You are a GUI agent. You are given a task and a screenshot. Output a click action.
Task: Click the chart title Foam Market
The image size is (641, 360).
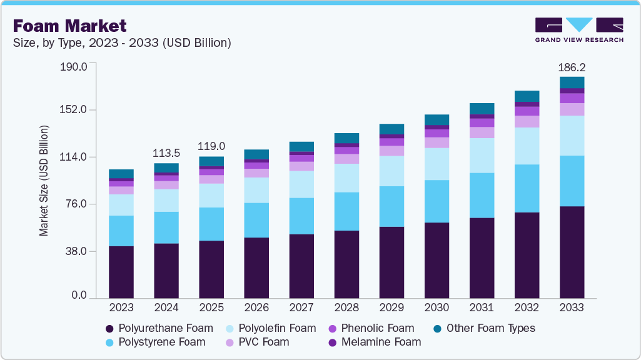(x=69, y=26)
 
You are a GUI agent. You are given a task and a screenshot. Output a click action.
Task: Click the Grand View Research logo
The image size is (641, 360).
(x=579, y=29)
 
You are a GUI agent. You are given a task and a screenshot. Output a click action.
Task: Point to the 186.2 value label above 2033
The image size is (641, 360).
(x=572, y=67)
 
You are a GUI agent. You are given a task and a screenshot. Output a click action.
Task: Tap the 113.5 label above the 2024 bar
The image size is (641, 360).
(x=166, y=153)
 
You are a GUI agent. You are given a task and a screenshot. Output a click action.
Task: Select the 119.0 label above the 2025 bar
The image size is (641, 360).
(x=211, y=146)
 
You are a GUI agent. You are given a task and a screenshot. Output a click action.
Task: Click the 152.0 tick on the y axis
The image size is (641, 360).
(x=74, y=110)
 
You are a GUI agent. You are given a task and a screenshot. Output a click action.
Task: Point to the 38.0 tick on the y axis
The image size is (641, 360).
(x=77, y=251)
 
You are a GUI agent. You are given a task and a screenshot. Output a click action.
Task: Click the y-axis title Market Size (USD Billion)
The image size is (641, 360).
(x=44, y=181)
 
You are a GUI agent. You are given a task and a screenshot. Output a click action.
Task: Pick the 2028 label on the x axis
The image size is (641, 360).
(x=346, y=307)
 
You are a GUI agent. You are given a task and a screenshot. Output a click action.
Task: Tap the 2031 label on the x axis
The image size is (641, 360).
(x=482, y=307)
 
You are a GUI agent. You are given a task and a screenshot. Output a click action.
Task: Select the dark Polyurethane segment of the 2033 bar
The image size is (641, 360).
(x=572, y=252)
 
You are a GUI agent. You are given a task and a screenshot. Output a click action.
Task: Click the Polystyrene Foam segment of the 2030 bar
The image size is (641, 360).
(x=437, y=201)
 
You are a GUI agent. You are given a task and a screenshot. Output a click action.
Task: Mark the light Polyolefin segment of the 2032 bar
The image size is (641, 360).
(x=527, y=146)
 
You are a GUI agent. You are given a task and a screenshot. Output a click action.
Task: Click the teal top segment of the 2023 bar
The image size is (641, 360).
(x=121, y=174)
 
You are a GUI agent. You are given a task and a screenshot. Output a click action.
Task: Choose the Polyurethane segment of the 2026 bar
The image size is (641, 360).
(x=256, y=267)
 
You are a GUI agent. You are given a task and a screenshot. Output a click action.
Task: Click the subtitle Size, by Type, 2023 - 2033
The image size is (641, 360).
(x=122, y=43)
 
